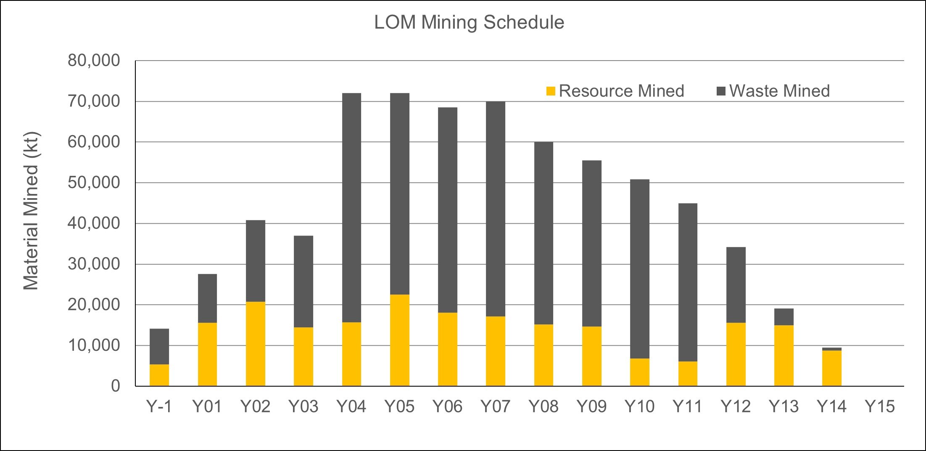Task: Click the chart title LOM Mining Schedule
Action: point(469,23)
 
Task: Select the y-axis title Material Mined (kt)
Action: point(31,212)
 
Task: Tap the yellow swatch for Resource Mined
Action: point(551,91)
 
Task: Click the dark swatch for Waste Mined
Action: point(721,91)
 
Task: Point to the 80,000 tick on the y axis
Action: point(94,61)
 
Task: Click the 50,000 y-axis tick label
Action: point(94,183)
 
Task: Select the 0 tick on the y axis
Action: point(116,386)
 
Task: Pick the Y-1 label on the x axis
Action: point(159,407)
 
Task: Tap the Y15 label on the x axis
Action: point(880,407)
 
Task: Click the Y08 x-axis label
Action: point(543,407)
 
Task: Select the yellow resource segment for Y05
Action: point(399,340)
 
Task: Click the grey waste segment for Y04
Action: point(351,207)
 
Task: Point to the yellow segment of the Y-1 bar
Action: point(159,375)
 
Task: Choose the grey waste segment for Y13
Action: point(784,317)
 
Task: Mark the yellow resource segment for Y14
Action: point(831,368)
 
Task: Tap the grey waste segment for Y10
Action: point(639,269)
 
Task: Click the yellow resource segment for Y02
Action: point(255,344)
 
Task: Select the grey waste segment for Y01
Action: point(207,298)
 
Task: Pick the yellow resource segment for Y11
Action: point(687,374)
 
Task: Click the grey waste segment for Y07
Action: point(495,209)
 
